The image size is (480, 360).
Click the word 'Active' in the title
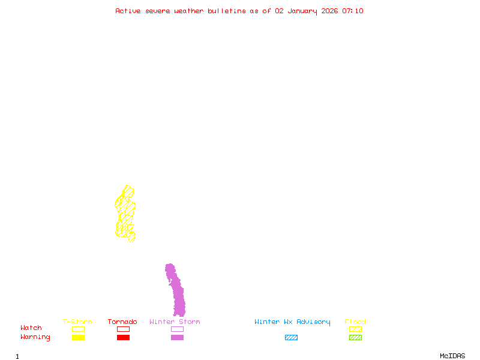pos(128,11)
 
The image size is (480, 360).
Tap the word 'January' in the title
pos(302,11)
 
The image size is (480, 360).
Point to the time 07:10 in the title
pos(353,11)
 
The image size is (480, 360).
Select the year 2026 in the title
pos(330,11)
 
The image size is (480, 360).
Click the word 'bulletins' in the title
pos(227,11)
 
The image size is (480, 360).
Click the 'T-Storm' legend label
pos(77,322)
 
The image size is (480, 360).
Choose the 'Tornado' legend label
pos(122,322)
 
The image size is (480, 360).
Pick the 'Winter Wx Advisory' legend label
pos(292,322)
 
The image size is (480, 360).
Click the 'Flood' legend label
pos(355,322)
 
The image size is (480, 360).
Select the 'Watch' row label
pos(31,328)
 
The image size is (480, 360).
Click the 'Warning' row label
pos(35,337)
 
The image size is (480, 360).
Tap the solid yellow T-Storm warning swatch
pos(78,337)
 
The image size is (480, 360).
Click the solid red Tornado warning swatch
pos(123,337)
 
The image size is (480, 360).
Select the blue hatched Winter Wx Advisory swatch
pos(291,337)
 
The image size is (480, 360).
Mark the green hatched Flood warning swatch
pos(355,337)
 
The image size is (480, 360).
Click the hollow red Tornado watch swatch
pos(123,329)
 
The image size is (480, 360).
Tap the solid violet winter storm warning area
pos(177,294)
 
